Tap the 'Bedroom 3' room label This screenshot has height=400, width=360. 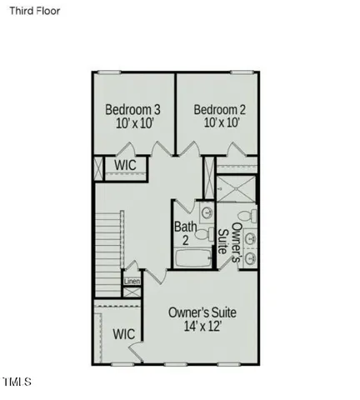132,109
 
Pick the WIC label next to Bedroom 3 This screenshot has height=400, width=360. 126,165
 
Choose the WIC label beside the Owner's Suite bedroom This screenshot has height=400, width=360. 124,333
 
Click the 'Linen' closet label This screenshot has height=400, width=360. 132,281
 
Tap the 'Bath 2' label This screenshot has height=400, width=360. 185,233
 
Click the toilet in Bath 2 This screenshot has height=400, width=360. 206,211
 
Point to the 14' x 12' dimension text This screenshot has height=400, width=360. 202,327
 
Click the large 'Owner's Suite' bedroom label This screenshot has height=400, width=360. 202,312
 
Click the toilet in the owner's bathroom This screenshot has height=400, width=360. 252,217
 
